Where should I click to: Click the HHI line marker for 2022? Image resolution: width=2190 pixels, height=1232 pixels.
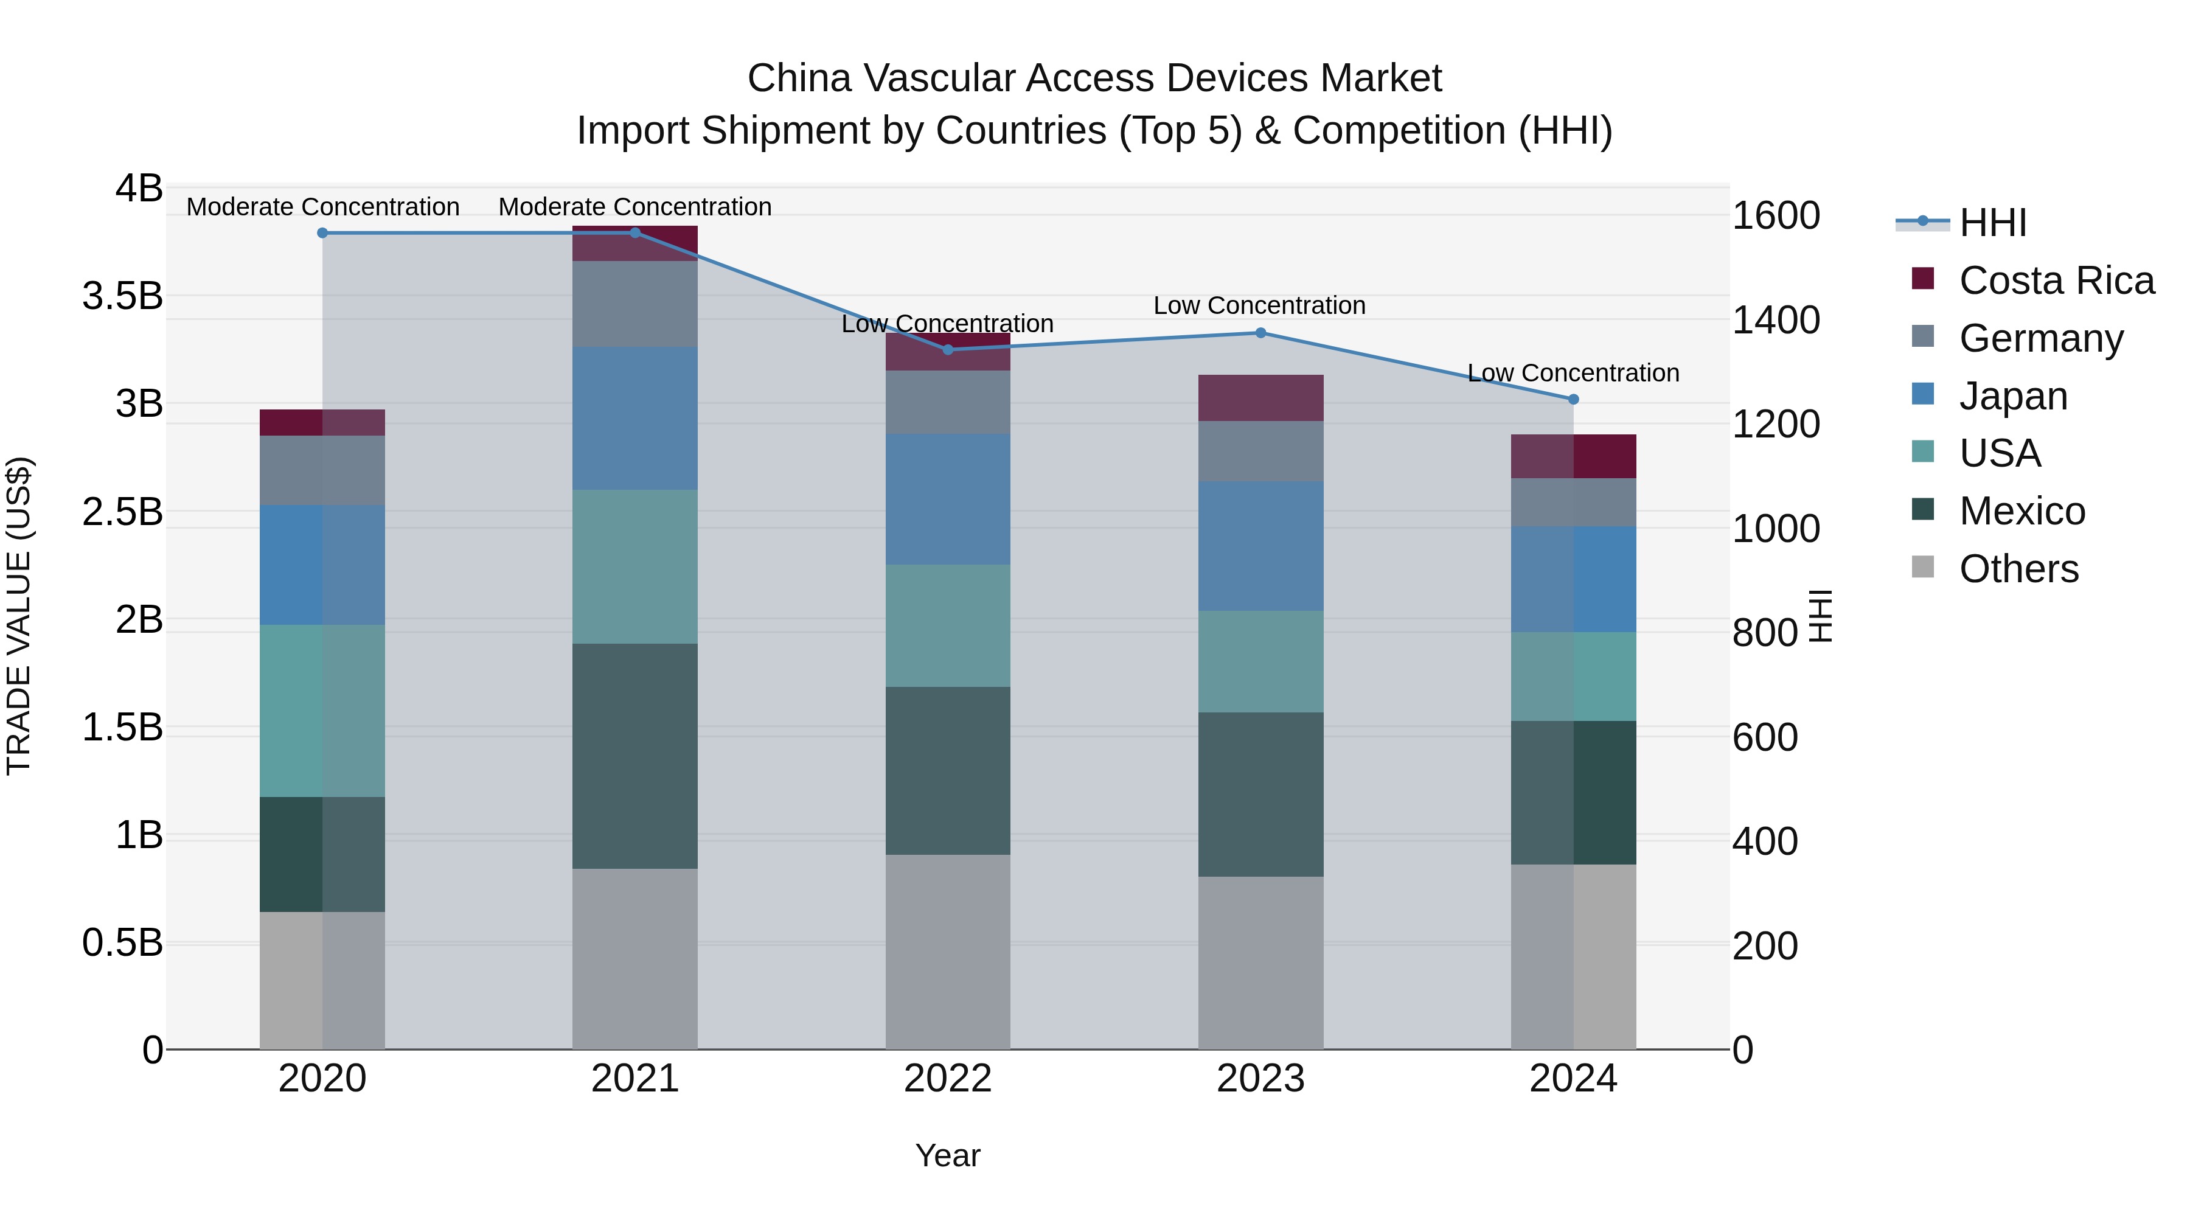click(948, 349)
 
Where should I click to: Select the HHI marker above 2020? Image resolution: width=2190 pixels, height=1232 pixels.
click(322, 233)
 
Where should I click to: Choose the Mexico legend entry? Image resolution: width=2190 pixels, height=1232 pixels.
click(2021, 511)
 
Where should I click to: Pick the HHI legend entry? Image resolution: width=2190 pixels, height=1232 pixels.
click(1992, 223)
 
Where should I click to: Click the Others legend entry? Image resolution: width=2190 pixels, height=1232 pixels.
click(2018, 569)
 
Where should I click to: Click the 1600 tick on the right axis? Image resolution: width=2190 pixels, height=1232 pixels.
click(1775, 216)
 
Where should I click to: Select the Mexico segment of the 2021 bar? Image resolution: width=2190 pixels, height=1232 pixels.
click(634, 756)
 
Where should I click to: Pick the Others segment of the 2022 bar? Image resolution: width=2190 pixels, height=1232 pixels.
click(948, 952)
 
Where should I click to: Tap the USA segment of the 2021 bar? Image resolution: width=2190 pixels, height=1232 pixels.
click(634, 566)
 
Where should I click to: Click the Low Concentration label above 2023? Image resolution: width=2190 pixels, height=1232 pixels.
click(1259, 305)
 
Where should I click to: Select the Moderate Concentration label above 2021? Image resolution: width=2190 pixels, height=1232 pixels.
click(634, 207)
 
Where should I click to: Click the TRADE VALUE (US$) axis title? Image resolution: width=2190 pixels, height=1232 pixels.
click(19, 616)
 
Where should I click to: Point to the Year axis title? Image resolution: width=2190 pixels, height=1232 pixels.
click(947, 1155)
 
